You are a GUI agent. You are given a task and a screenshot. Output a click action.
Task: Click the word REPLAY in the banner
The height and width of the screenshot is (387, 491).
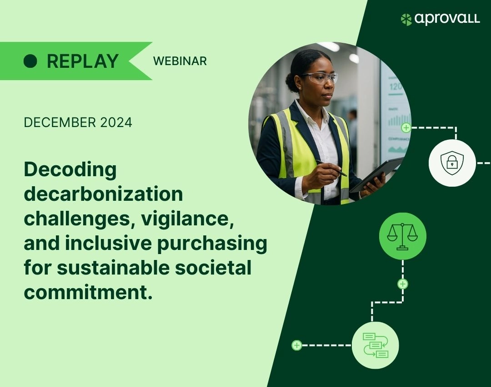[83, 61]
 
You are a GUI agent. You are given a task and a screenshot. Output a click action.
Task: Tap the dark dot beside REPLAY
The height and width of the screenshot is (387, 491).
[30, 61]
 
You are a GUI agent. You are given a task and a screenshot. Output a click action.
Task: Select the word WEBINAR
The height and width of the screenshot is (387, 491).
[180, 61]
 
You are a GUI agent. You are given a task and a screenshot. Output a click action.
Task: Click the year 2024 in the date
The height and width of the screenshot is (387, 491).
[116, 122]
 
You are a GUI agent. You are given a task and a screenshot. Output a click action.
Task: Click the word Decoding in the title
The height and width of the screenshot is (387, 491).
[70, 170]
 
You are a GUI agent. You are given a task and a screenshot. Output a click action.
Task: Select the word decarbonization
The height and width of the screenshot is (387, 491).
[104, 194]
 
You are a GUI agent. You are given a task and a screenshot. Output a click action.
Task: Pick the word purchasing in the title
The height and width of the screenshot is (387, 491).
[212, 244]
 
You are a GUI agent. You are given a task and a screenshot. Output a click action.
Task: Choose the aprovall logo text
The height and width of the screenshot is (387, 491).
[447, 19]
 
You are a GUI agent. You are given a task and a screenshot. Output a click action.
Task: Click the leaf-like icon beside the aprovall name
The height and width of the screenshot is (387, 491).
[406, 20]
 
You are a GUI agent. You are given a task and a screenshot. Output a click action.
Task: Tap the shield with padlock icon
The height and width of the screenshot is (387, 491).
[452, 163]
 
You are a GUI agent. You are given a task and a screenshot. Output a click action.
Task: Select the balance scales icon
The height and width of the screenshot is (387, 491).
[402, 236]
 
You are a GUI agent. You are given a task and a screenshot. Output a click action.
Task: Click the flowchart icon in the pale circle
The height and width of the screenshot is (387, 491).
[376, 345]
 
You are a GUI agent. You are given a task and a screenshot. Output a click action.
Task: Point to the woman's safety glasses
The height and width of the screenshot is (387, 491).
[320, 77]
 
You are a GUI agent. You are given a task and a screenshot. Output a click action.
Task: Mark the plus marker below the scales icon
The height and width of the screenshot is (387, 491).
[403, 284]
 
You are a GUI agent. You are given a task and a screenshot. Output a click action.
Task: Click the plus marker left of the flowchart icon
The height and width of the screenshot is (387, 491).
[296, 345]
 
